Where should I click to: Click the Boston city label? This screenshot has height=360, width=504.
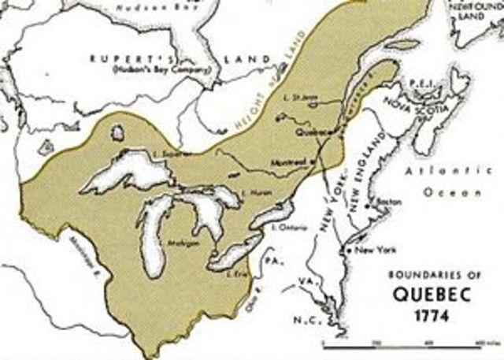384,201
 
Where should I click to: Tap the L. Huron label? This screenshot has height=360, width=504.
254,192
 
